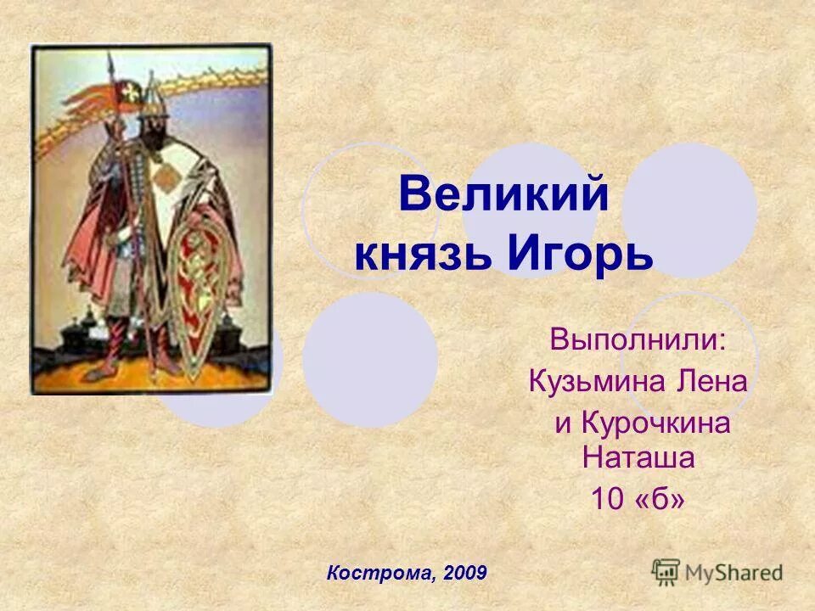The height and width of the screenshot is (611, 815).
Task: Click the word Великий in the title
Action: click(x=503, y=197)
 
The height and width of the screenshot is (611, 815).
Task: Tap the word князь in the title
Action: click(x=423, y=254)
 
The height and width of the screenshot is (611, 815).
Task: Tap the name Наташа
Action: click(x=638, y=459)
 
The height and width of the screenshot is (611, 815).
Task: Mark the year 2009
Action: click(x=464, y=573)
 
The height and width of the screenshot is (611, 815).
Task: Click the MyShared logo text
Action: click(x=734, y=573)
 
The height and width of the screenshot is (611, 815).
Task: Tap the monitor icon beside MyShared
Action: click(x=666, y=573)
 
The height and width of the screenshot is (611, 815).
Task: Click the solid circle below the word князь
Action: click(x=370, y=360)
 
